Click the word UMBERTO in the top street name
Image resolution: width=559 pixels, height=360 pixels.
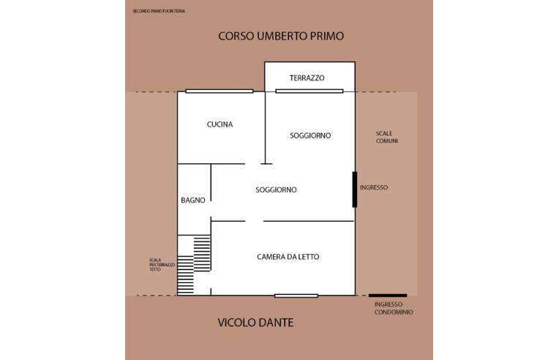click(279, 36)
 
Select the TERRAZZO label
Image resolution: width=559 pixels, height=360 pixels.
click(307, 78)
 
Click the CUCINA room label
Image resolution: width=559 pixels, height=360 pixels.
click(220, 124)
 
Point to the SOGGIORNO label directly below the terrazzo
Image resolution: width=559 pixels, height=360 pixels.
click(310, 135)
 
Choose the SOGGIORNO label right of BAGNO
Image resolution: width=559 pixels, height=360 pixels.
click(276, 190)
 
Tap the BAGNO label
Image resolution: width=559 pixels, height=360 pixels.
click(192, 200)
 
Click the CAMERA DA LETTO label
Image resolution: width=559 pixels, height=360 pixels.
click(288, 257)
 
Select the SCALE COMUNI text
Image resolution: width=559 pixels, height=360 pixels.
click(386, 137)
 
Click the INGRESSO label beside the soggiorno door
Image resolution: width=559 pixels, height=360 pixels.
click(374, 187)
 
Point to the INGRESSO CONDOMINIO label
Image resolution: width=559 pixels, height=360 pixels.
click(393, 308)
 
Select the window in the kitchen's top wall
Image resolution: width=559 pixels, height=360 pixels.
click(219, 91)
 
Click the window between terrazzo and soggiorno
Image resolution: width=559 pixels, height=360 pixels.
click(309, 91)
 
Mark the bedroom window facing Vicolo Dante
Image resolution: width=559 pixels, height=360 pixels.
click(296, 296)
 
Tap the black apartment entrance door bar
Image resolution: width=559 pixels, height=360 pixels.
click(355, 190)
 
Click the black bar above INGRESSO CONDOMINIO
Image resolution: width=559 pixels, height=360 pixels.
click(388, 296)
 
